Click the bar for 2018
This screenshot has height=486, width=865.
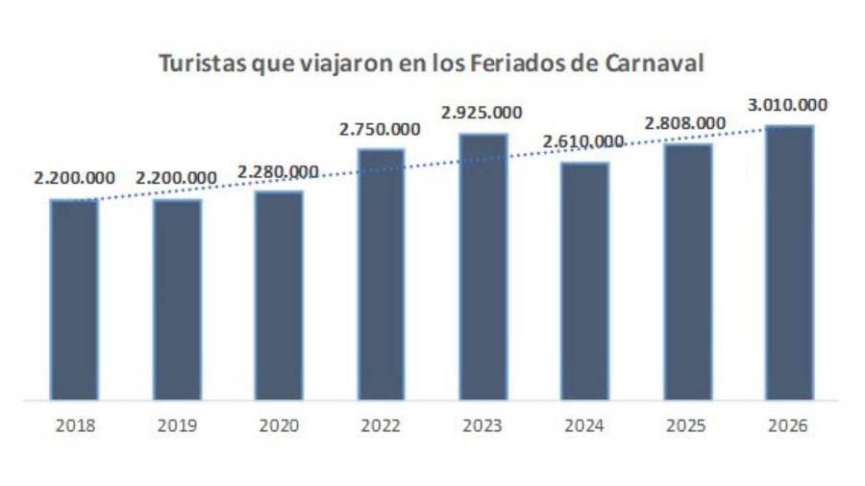pos(74,299)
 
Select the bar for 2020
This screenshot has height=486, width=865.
pos(279,294)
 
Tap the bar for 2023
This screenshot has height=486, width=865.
pos(482,266)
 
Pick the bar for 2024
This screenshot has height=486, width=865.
pos(584,280)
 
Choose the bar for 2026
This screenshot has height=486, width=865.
pos(789,262)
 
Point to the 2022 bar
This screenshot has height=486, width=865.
pos(381,273)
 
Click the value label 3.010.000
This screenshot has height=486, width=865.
pos(787,105)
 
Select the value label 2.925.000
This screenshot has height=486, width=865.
pos(482,114)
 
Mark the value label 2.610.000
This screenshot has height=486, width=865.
pos(583,141)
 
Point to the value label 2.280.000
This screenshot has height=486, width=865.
pos(278,171)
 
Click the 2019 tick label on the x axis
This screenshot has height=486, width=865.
pos(176,424)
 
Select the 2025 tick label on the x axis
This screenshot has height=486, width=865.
pos(686,424)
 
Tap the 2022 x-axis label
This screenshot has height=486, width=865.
pos(381,424)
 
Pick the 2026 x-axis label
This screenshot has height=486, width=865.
pos(789,424)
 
